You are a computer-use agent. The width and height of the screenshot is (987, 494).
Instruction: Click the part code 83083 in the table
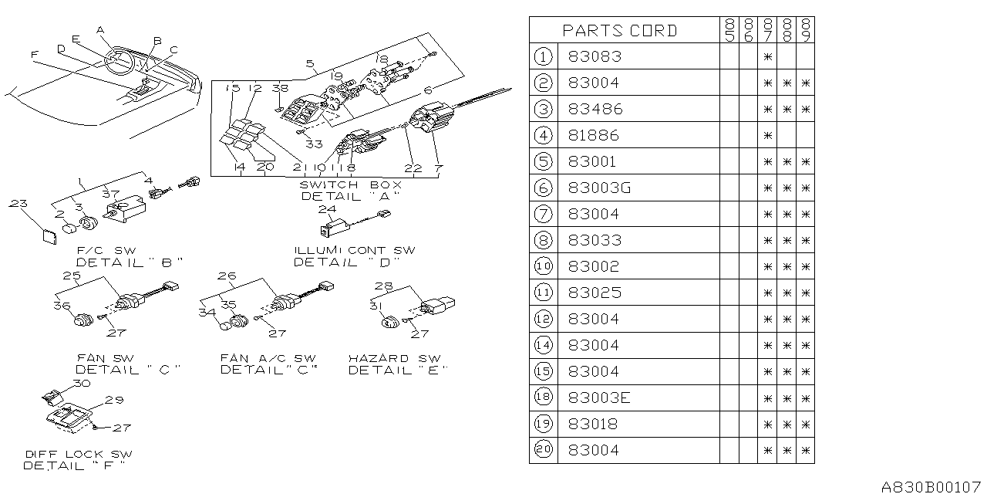[x=595, y=56]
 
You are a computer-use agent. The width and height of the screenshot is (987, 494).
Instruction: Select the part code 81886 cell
[x=595, y=135]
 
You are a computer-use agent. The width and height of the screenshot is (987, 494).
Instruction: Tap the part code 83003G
[x=598, y=188]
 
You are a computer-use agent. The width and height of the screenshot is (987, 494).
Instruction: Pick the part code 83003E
[x=598, y=398]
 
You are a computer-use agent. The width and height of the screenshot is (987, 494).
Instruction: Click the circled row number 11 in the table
[x=543, y=293]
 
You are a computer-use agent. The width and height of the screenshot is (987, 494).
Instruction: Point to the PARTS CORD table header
[x=620, y=31]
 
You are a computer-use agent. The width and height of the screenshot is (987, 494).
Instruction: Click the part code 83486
[x=595, y=109]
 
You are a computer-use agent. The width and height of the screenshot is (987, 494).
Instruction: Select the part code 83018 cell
[x=595, y=424]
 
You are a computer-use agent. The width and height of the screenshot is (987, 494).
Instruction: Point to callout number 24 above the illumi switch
[x=327, y=209]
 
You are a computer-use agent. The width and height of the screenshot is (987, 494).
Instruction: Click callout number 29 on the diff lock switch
[x=114, y=400]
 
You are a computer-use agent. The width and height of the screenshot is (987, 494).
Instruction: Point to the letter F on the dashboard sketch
[x=33, y=54]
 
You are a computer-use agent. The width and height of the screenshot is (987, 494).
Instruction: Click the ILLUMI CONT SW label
[x=354, y=251]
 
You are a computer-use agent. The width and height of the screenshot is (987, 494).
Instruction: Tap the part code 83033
[x=595, y=240]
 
